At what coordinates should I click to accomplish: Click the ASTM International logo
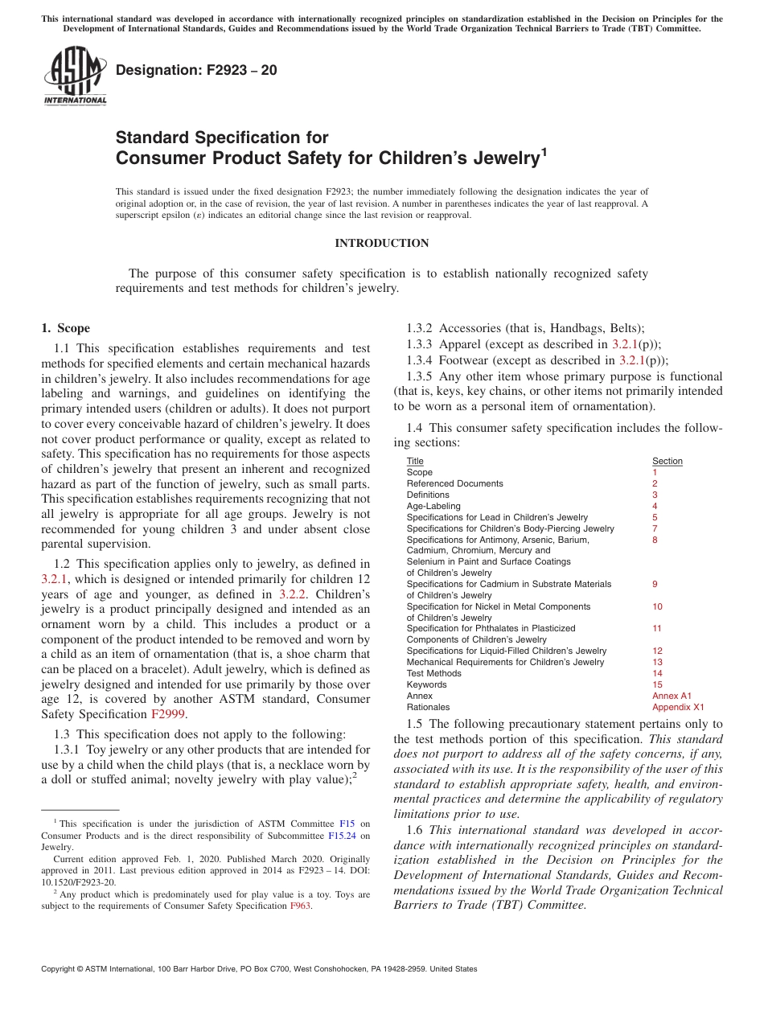[x=75, y=76]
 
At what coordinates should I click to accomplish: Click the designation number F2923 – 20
[x=196, y=70]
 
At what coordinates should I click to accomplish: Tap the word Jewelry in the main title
[x=498, y=158]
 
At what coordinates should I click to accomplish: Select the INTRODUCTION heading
[x=381, y=244]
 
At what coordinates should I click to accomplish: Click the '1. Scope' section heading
[x=66, y=328]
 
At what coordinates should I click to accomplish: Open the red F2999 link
[x=168, y=714]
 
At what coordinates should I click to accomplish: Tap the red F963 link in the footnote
[x=301, y=906]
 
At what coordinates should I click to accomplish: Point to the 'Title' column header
[x=415, y=461]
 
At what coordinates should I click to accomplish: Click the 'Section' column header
[x=667, y=461]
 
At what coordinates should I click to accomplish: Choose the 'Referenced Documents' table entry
[x=454, y=483]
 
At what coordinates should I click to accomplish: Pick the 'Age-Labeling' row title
[x=433, y=506]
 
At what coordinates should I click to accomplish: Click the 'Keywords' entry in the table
[x=426, y=684]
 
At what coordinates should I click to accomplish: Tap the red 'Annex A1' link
[x=672, y=696]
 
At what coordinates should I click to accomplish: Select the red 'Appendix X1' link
[x=677, y=707]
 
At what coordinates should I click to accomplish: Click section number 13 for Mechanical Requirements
[x=657, y=662]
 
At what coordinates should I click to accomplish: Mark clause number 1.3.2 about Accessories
[x=420, y=328]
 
